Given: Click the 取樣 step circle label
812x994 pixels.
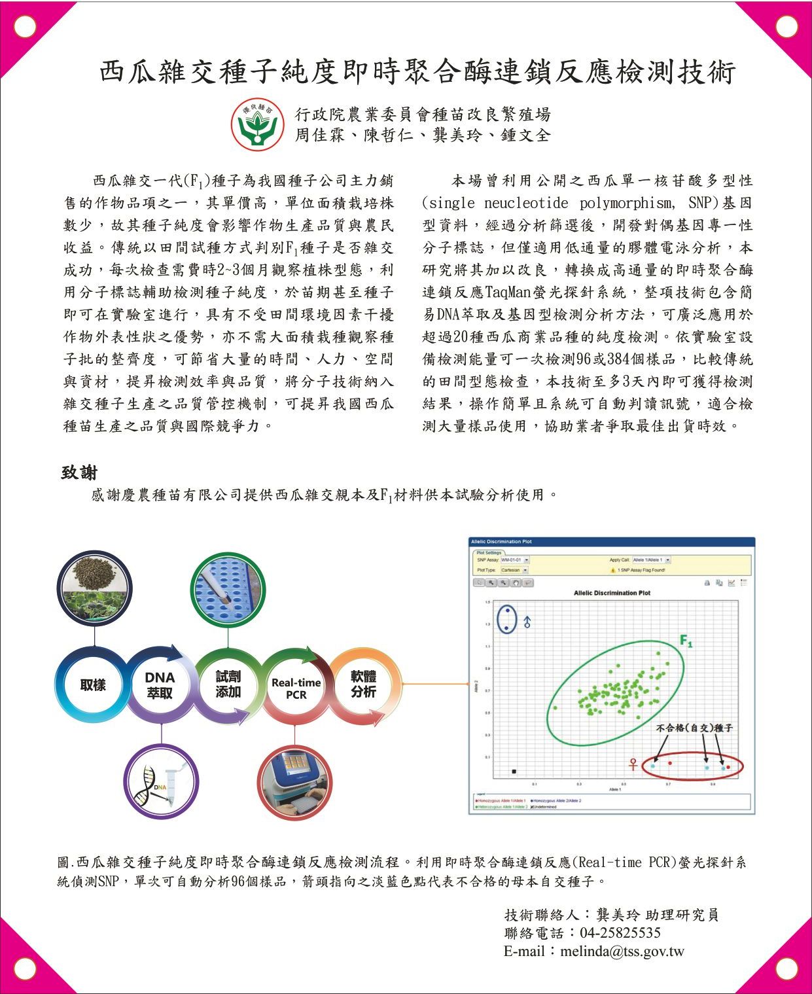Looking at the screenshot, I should tap(93, 685).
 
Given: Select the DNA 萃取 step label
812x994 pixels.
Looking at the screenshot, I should tap(160, 685).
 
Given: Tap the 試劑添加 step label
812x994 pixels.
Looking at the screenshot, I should tap(228, 684).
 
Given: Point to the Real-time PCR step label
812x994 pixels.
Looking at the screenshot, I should tap(296, 688).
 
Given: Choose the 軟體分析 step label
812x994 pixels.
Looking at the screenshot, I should tap(363, 684).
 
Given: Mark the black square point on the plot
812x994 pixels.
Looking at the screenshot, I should tap(514, 772).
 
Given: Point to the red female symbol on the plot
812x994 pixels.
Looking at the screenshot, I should tap(633, 764).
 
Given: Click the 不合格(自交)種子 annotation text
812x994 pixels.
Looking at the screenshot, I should tap(694, 728).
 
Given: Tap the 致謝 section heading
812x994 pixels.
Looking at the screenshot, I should tap(79, 472).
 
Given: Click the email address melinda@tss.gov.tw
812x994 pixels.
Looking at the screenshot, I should tap(622, 951).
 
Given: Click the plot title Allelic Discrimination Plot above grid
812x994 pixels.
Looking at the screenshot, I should tap(612, 593).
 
